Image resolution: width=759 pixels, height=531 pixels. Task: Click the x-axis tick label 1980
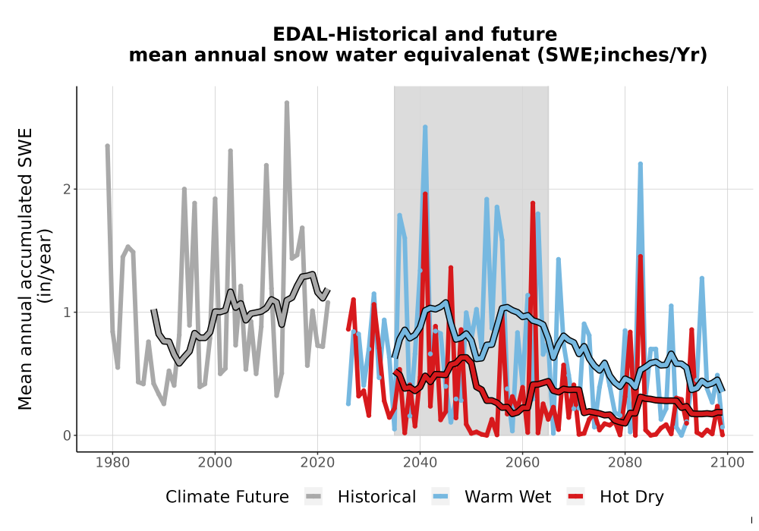pos(112,463)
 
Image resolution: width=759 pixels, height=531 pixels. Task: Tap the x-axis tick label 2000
pos(215,463)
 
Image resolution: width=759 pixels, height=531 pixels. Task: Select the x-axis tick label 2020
pos(317,463)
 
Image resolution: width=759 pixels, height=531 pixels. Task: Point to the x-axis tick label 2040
pos(420,463)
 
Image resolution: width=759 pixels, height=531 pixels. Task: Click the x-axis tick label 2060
pos(522,463)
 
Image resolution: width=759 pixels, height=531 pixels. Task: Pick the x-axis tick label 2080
pos(625,463)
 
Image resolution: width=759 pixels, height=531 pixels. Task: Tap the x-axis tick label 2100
pos(728,463)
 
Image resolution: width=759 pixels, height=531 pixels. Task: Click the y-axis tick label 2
pos(68,189)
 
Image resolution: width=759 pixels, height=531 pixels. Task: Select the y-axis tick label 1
pos(68,313)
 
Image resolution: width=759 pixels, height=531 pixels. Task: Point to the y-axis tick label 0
pos(68,435)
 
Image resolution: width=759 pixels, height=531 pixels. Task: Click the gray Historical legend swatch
pos(313,497)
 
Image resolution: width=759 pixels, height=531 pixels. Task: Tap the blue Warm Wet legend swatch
pos(440,497)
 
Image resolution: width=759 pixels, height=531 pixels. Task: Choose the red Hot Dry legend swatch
pos(575,497)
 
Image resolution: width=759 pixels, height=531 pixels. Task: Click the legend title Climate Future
pos(227,497)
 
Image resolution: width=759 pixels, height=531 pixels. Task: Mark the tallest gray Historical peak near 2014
pos(287,103)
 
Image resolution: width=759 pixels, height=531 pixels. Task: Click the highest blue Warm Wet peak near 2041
pos(425,127)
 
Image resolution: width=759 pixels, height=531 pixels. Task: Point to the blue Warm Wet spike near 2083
pos(641,165)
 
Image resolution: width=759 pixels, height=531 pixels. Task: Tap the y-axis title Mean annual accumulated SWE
pos(25,269)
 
